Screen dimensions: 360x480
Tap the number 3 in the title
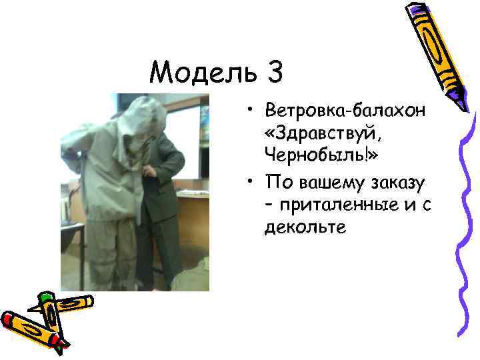coord(273,71)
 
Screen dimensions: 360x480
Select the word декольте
coord(305,227)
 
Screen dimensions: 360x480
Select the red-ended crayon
coord(30,327)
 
